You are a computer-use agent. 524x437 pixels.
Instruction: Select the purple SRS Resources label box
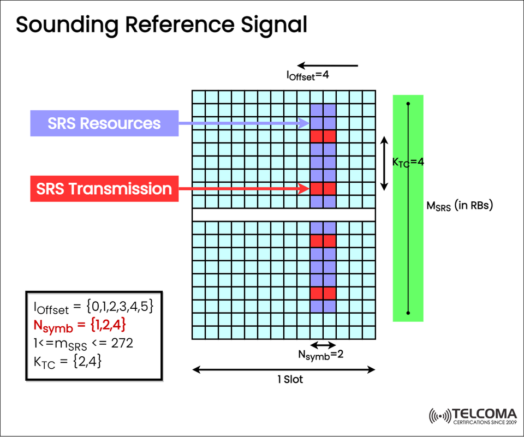(x=104, y=123)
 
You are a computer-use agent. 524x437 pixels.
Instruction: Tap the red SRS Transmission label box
(x=104, y=189)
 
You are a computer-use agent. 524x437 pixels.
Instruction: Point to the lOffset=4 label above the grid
(x=308, y=76)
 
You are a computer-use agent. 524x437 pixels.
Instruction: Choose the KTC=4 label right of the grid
(x=408, y=162)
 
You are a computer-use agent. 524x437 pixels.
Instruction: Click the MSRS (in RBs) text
(x=460, y=206)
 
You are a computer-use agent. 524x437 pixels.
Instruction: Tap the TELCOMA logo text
(x=484, y=413)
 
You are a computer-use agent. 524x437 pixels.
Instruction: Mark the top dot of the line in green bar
(x=408, y=102)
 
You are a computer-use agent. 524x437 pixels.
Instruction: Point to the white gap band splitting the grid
(x=284, y=214)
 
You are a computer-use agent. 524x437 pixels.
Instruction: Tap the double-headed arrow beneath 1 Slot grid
(x=284, y=370)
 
